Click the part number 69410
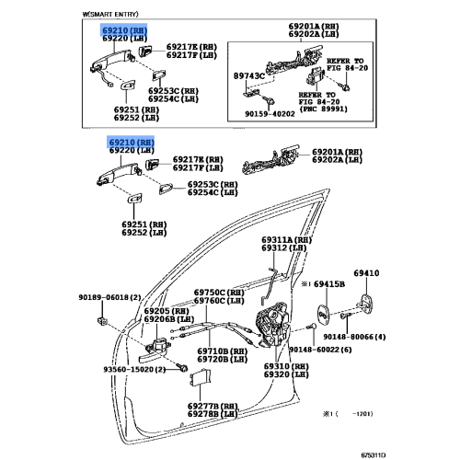coord(366,273)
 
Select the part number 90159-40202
coord(270,114)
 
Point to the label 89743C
coord(249,75)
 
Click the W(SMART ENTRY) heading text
coord(110,14)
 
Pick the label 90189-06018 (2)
coord(109,297)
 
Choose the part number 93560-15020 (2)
coord(134,369)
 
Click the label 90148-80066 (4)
coord(354,337)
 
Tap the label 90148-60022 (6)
coord(320,350)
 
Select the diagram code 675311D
coord(373,454)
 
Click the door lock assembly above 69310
coord(272,325)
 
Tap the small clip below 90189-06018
coord(102,320)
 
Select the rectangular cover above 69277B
coord(201,377)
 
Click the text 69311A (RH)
coord(286,240)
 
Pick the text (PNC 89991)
coord(323,109)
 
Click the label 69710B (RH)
coord(223,351)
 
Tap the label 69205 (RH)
coord(167,311)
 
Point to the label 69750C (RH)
coord(219,293)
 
